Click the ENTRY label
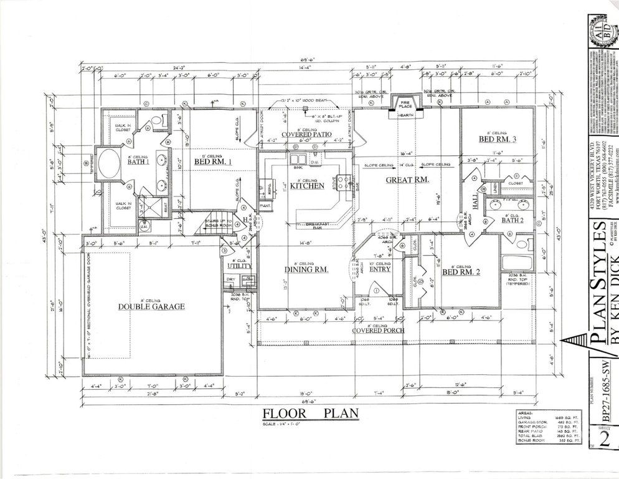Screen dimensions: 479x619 [x=380, y=269]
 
